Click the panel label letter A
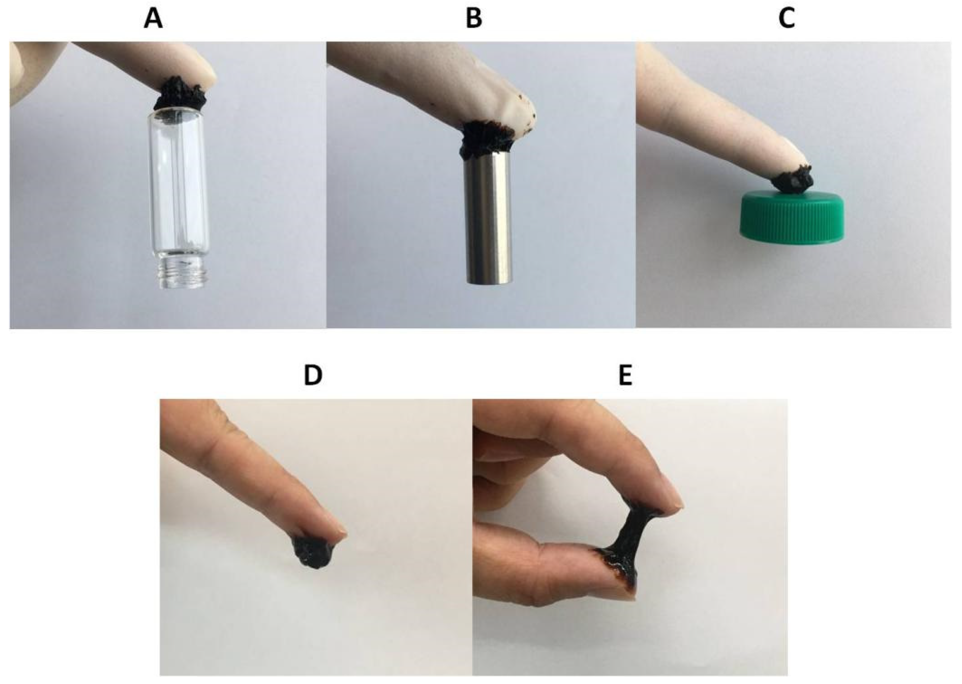click(153, 19)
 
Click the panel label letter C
click(787, 19)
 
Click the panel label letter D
click(313, 376)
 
